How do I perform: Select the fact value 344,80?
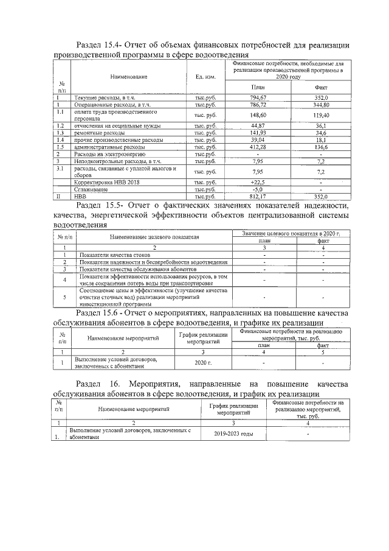320,105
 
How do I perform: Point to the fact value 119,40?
320,115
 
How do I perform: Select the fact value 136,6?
320,147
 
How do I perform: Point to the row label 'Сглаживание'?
91,190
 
